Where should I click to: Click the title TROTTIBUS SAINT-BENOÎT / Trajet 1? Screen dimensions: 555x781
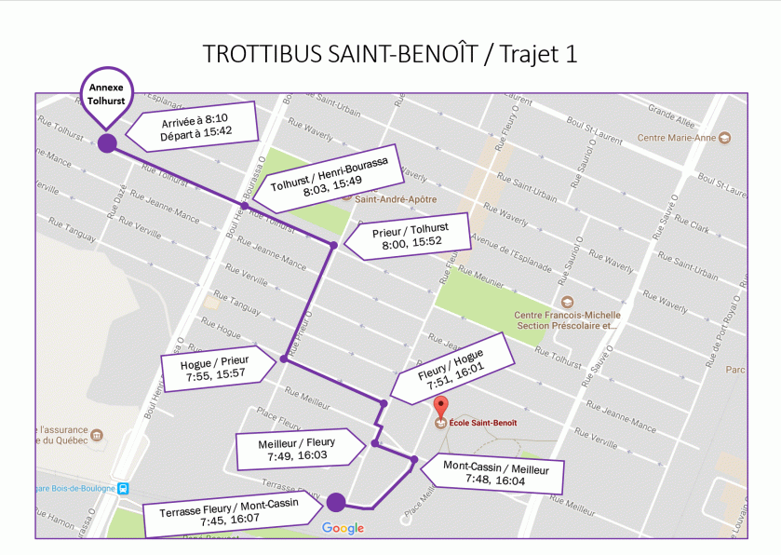pos(390,54)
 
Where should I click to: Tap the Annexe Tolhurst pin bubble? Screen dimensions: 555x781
pos(106,94)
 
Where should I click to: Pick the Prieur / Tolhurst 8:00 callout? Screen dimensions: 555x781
pos(408,235)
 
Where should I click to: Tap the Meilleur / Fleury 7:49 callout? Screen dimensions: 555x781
pos(297,449)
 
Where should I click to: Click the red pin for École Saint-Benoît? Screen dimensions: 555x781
pos(442,407)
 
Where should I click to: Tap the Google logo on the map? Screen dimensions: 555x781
pos(343,529)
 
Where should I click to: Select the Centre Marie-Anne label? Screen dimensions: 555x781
pos(677,138)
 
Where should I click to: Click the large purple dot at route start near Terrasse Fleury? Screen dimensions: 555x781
pos(336,503)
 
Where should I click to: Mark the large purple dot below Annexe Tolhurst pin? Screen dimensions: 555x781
pos(107,142)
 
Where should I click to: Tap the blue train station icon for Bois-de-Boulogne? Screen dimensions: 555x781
pos(122,489)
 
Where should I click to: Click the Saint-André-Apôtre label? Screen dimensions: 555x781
pos(390,196)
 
